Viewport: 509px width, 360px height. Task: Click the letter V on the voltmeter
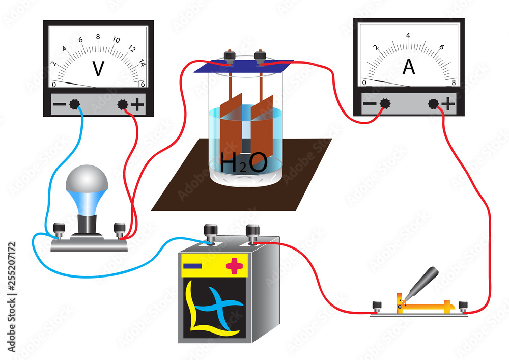(x=98, y=69)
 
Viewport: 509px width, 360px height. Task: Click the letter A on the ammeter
(x=408, y=68)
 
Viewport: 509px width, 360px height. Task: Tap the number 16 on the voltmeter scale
(x=142, y=84)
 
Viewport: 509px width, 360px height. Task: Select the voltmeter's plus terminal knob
(x=123, y=104)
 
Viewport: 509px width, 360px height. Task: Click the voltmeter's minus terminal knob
(x=75, y=104)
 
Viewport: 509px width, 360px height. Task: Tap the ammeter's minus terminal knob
(x=385, y=103)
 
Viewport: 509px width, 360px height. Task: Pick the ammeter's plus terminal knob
(x=433, y=103)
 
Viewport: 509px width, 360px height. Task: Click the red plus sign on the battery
(x=235, y=265)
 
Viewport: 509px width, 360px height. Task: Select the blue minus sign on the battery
(x=192, y=266)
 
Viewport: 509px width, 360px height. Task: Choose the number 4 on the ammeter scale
(x=408, y=35)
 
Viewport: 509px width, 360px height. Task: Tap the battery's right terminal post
(x=252, y=233)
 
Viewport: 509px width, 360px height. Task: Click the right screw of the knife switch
(x=463, y=307)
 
